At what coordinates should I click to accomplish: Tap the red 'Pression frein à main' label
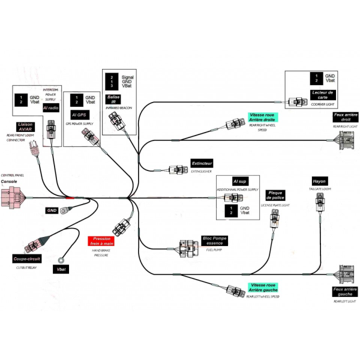click(101, 242)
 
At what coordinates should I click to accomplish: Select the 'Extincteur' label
click(201, 163)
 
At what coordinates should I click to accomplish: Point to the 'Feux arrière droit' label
click(345, 118)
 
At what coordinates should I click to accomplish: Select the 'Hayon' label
click(319, 181)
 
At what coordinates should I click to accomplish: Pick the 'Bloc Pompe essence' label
click(215, 241)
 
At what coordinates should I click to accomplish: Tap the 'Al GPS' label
click(79, 114)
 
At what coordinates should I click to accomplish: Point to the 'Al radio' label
click(50, 107)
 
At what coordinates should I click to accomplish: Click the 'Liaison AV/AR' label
click(25, 127)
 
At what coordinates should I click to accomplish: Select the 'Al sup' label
click(240, 181)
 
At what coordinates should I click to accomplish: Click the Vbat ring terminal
click(61, 260)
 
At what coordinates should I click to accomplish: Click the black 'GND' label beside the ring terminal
click(52, 210)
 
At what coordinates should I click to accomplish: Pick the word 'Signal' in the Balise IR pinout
click(128, 77)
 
